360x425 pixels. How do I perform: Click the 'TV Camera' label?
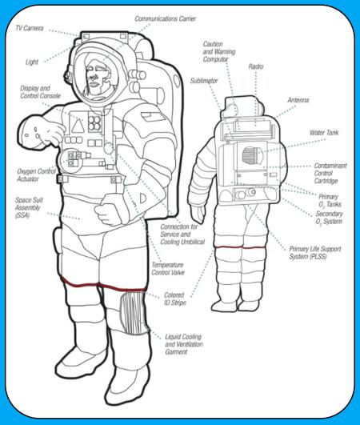tap(30, 28)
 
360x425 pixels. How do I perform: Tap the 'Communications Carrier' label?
tap(166, 18)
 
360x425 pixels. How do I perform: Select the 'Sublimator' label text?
tap(204, 81)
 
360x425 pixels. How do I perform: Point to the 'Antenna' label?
tap(298, 100)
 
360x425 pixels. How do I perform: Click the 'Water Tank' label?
tap(324, 133)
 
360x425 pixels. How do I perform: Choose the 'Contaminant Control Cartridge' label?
tap(330, 173)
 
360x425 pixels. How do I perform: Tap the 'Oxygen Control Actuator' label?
tap(36, 175)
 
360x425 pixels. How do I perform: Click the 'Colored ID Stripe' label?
tap(175, 299)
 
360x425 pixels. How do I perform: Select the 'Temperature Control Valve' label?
tap(168, 269)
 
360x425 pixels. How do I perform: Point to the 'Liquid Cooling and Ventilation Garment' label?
tap(184, 344)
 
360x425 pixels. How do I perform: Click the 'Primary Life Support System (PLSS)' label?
tap(315, 253)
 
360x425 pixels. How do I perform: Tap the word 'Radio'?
tap(256, 66)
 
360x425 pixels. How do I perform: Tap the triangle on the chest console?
tap(78, 126)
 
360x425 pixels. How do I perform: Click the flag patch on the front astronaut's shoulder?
tap(153, 116)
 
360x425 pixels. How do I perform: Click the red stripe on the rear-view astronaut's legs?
tap(240, 247)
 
